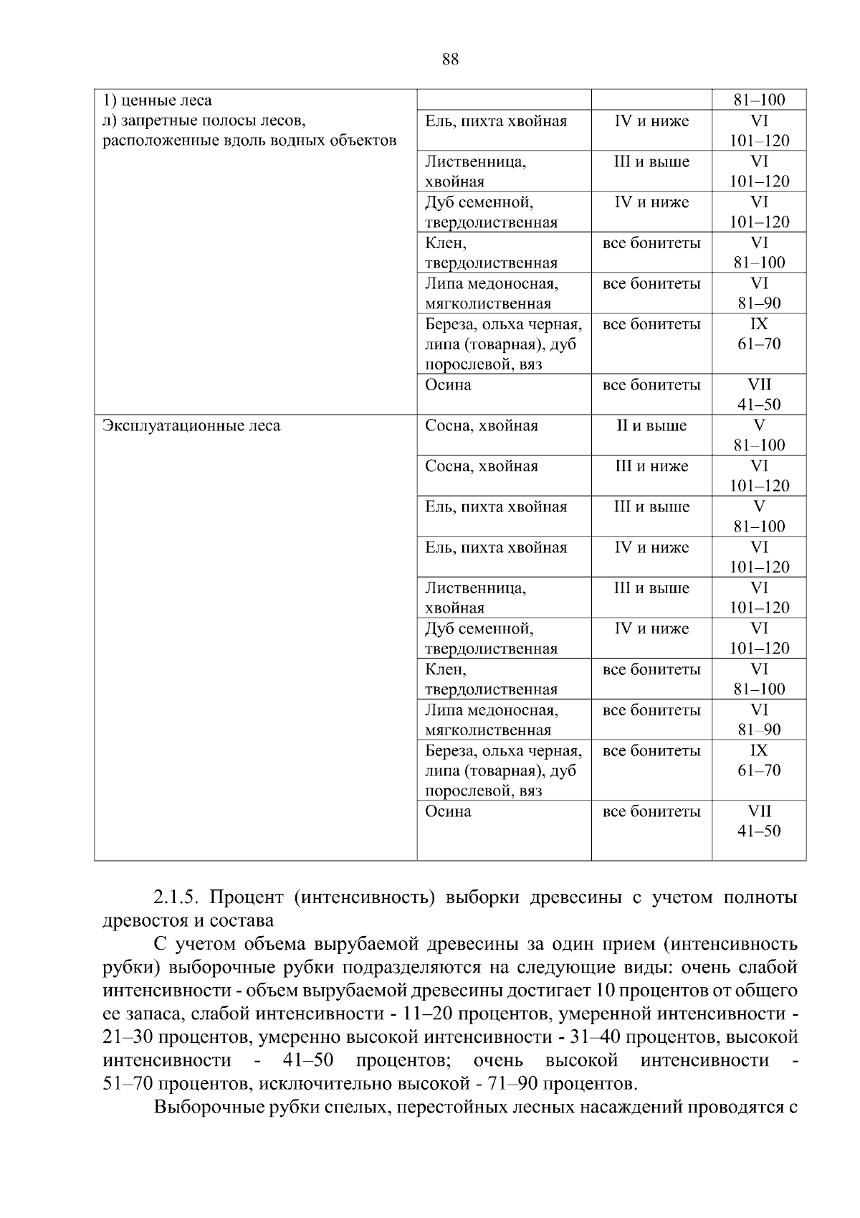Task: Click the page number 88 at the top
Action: (x=450, y=60)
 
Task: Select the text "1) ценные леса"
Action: (x=157, y=100)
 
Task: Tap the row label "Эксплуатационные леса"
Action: (x=191, y=426)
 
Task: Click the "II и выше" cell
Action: (x=651, y=426)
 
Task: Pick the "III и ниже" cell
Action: (x=651, y=467)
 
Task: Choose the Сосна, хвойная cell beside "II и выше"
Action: (x=481, y=426)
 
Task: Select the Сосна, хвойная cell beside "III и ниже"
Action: (x=481, y=467)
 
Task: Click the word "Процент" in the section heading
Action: (x=244, y=898)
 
